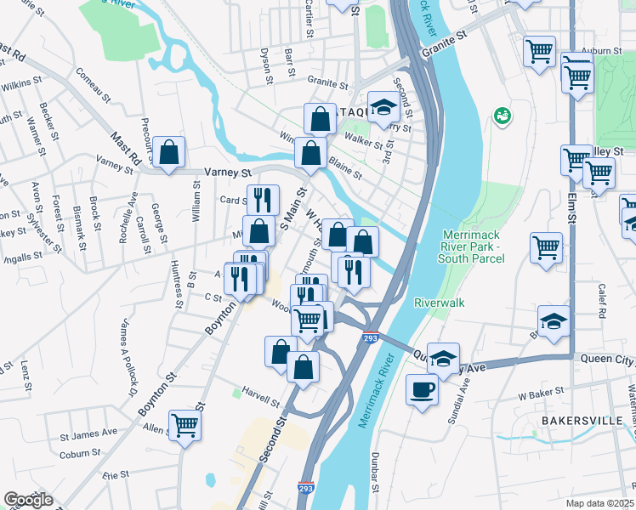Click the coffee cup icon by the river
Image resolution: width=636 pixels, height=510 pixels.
click(422, 391)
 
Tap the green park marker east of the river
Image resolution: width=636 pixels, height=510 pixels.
click(503, 115)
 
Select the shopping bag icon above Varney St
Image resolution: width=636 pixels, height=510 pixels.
click(169, 154)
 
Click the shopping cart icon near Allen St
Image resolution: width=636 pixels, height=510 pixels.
click(185, 425)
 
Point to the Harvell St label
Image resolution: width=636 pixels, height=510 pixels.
click(261, 399)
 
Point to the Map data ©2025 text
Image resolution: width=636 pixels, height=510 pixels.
click(600, 503)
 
